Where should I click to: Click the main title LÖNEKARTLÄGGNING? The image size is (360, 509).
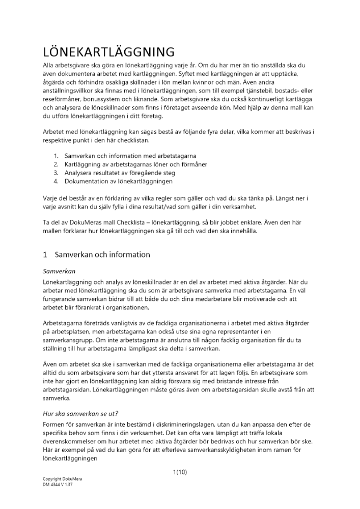pyautogui.click(x=109, y=52)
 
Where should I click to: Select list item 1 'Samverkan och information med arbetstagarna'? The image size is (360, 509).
pyautogui.click(x=130, y=155)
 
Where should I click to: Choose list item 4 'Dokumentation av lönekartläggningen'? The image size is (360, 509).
pyautogui.click(x=118, y=181)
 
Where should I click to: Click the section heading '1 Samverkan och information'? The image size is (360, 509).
pyautogui.click(x=96, y=254)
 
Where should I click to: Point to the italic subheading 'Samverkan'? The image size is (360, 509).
pyautogui.click(x=59, y=272)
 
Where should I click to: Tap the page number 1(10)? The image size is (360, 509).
pyautogui.click(x=180, y=472)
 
